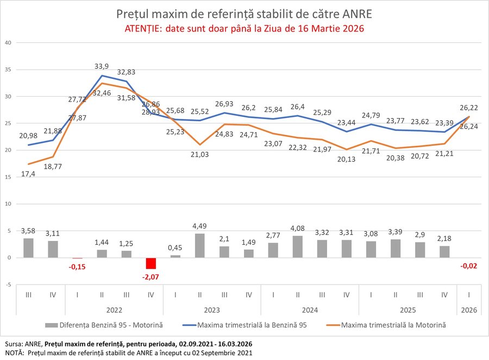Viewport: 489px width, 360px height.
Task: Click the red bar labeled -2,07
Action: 151,263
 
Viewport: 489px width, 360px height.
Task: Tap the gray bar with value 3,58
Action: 28,248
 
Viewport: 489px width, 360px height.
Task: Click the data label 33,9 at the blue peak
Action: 101,66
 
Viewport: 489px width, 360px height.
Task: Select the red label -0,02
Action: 468,266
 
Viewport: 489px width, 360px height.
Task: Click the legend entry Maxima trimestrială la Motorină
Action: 393,325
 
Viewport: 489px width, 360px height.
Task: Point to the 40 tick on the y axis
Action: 8,42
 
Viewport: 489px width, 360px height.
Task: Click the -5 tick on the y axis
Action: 8,284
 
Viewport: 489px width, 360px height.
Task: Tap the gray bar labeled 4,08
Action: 297,247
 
